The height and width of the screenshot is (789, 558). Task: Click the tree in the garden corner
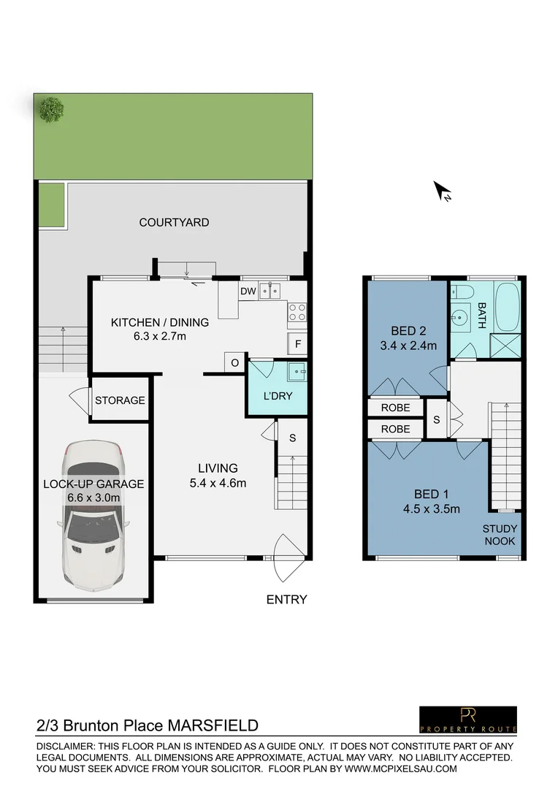tap(51, 110)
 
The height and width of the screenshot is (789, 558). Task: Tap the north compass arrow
tap(443, 191)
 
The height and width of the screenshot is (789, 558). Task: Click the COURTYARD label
tap(174, 222)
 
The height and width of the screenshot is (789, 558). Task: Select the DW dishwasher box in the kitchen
tap(248, 291)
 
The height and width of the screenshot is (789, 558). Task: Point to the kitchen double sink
tap(271, 291)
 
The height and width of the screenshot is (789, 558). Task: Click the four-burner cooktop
tap(297, 313)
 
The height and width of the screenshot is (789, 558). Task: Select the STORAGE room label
tap(120, 400)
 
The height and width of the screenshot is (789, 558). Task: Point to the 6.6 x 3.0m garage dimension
tap(93, 498)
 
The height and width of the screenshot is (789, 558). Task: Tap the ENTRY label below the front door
tap(286, 600)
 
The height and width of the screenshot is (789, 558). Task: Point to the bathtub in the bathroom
tap(507, 305)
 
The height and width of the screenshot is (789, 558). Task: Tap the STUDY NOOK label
tap(500, 535)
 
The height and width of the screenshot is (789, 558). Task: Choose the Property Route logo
tap(467, 719)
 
